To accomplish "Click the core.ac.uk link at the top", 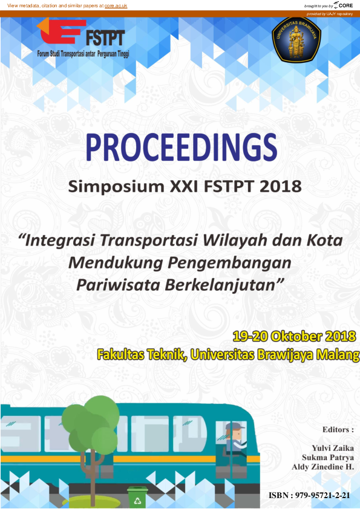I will (x=116, y=5).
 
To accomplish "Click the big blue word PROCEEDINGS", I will (x=180, y=147).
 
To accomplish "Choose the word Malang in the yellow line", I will (x=333, y=354).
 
